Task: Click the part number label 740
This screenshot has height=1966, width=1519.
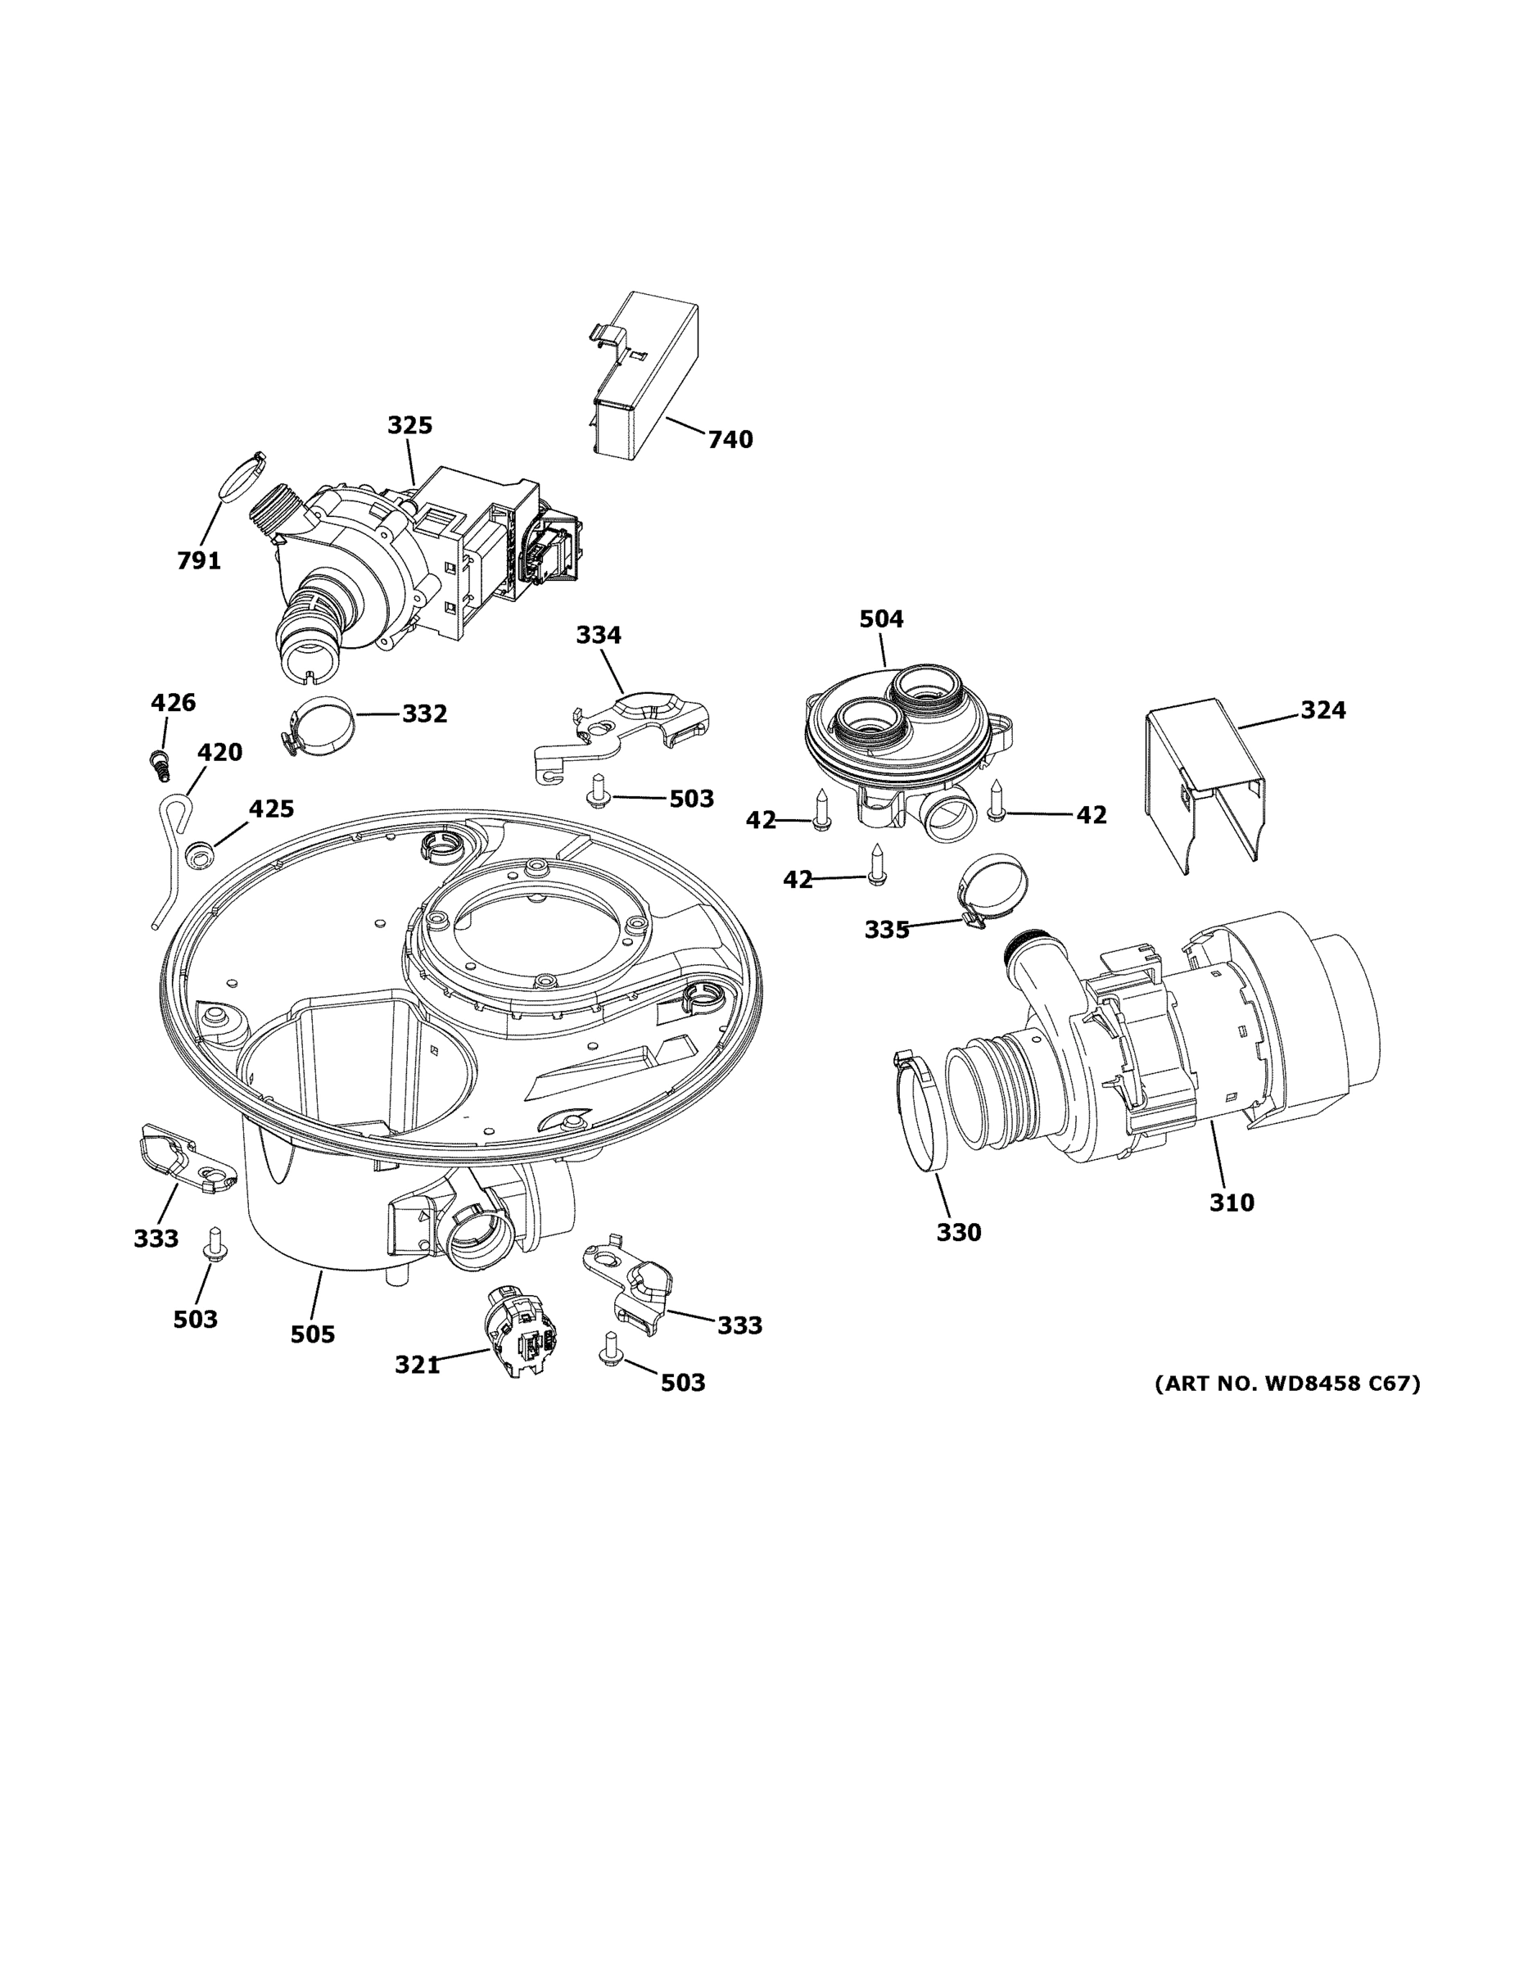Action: [730, 440]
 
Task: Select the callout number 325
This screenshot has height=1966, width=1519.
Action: [409, 425]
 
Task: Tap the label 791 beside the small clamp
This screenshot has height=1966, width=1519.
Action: [199, 561]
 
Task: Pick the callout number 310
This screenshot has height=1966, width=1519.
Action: [1231, 1202]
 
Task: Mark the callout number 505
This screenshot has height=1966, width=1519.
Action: [312, 1334]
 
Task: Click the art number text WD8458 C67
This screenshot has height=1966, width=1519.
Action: [1286, 1384]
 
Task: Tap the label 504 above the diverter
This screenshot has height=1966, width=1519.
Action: [881, 619]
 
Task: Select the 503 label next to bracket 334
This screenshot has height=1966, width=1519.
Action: [691, 799]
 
